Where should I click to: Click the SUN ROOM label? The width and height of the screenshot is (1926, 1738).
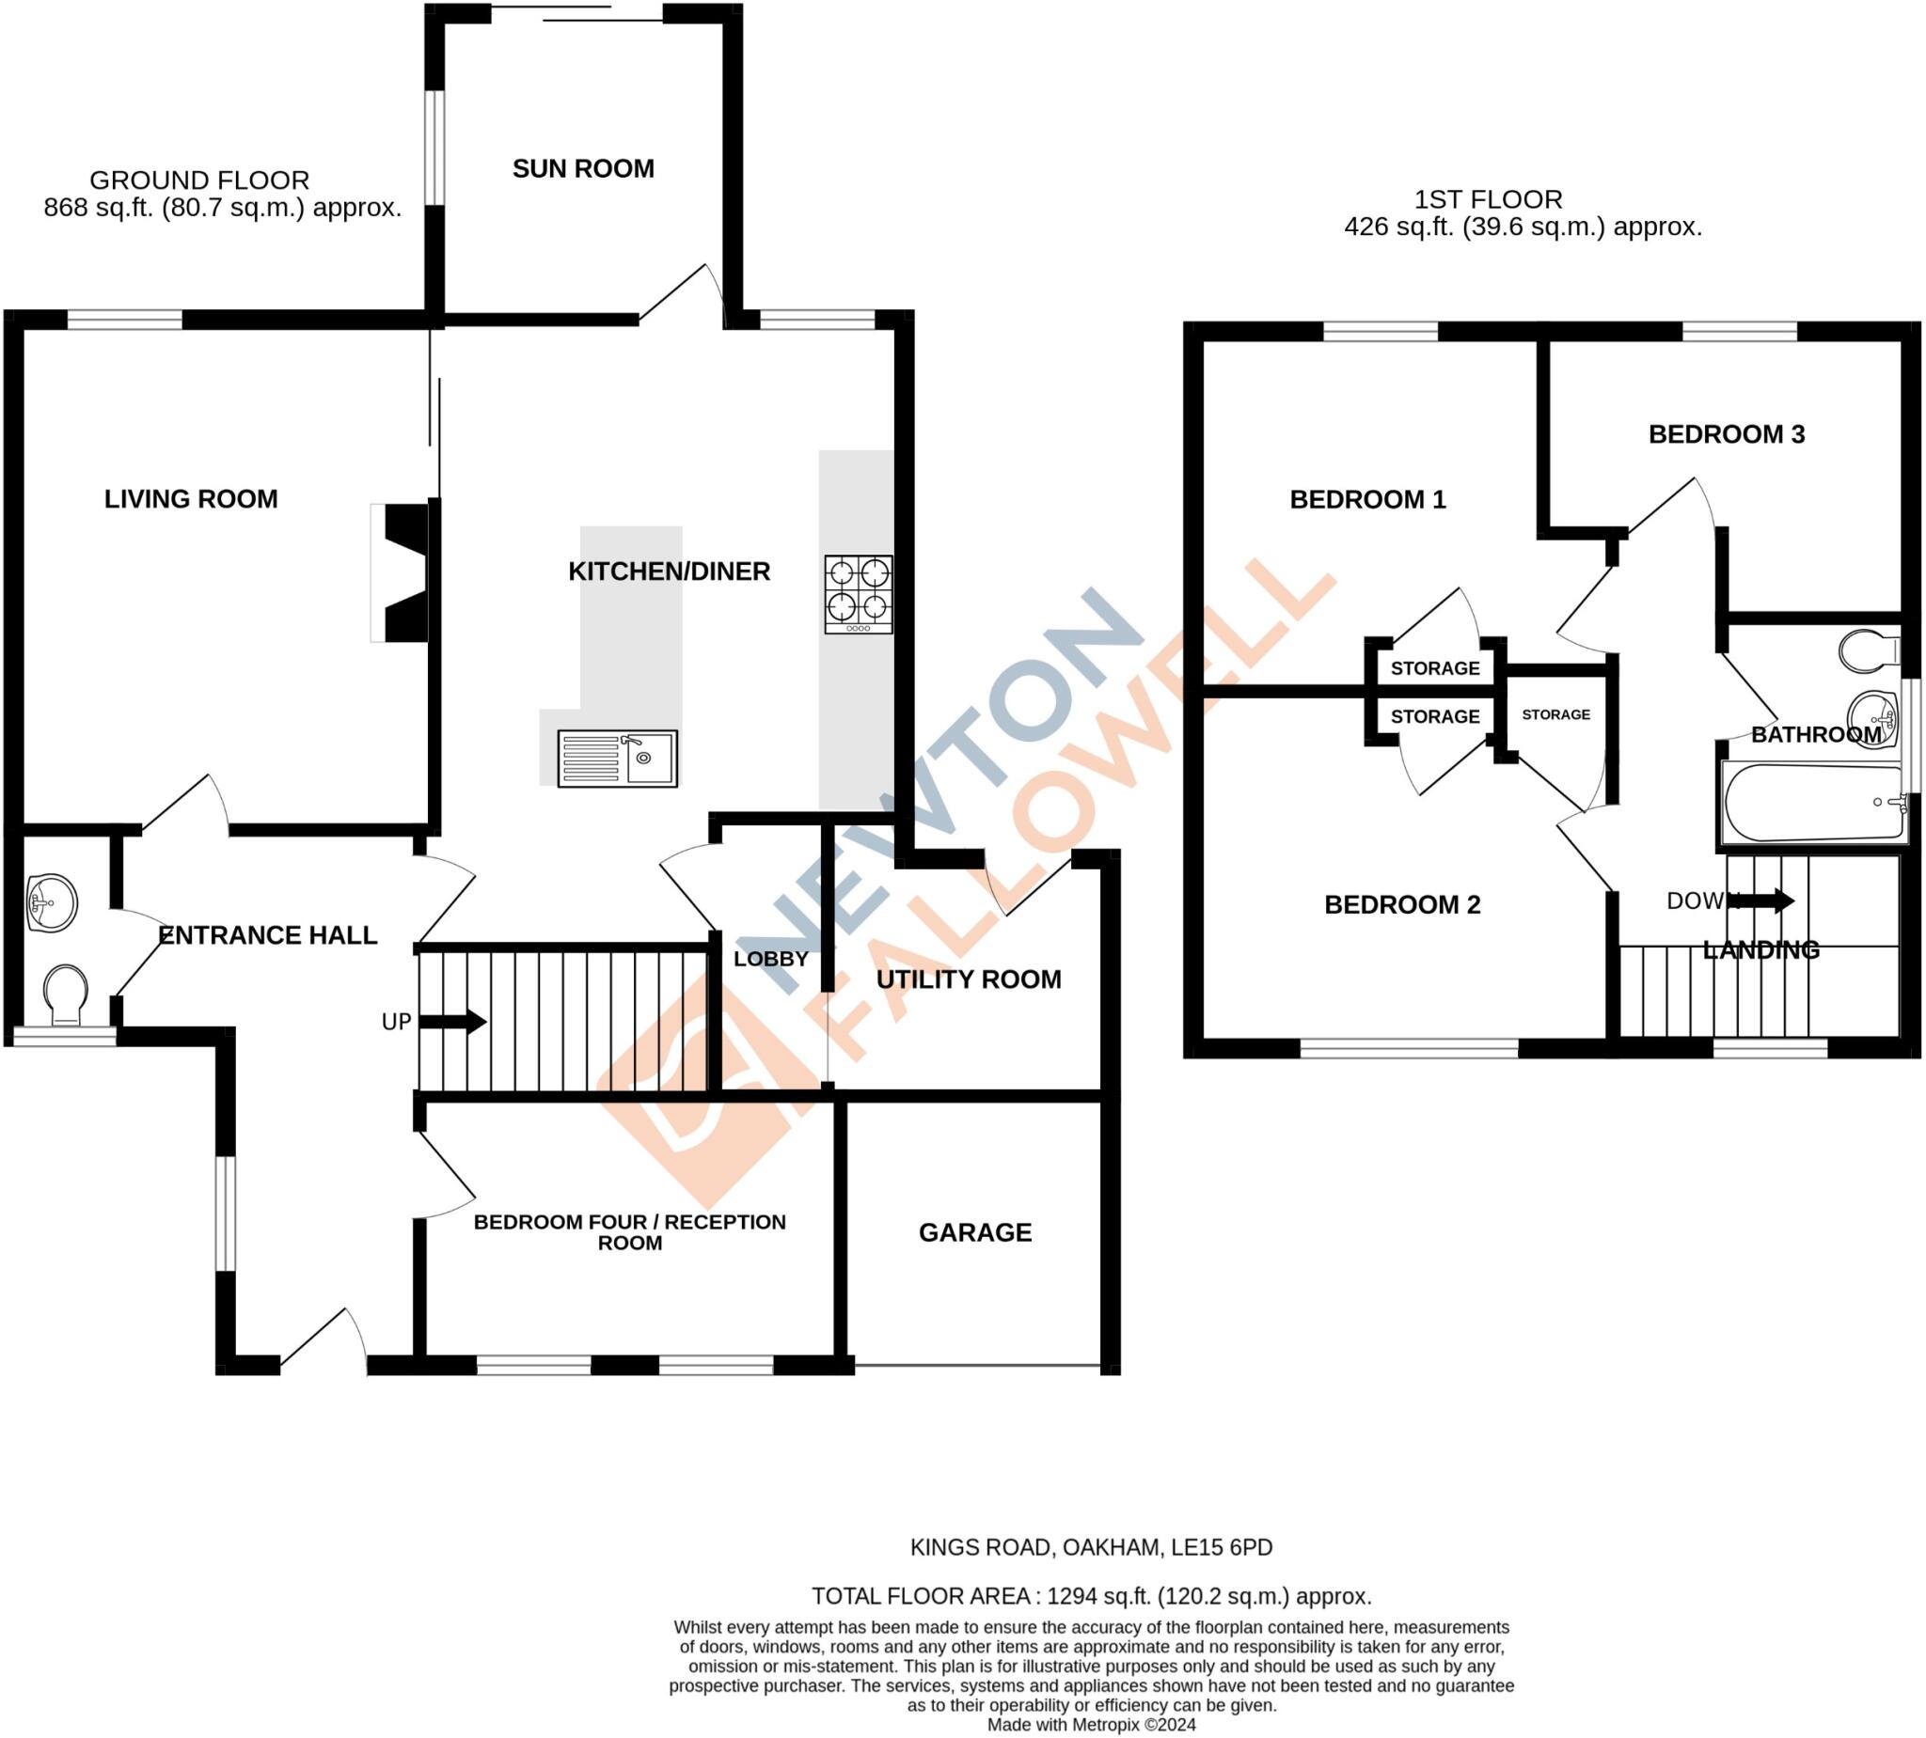click(x=583, y=169)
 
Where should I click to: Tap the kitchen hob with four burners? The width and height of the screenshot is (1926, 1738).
click(x=858, y=594)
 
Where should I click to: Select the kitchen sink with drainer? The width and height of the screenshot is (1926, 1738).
click(x=617, y=759)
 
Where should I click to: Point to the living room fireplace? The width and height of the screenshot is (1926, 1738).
click(x=403, y=573)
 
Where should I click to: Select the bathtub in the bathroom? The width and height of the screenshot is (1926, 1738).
click(x=1813, y=802)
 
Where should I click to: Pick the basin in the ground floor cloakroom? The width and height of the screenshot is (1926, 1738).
click(x=52, y=902)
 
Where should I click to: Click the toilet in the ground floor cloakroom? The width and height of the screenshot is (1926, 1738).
click(x=65, y=994)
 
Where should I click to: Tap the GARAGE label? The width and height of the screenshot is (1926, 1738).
click(x=974, y=1233)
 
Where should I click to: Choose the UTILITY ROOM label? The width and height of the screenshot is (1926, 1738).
click(x=968, y=979)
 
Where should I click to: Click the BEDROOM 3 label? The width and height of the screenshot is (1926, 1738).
click(x=1726, y=434)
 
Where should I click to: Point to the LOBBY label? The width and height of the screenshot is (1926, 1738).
click(x=770, y=959)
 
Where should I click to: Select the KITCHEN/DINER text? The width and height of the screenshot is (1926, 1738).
click(x=669, y=572)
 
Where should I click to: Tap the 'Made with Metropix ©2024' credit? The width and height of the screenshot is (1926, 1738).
click(x=1091, y=1725)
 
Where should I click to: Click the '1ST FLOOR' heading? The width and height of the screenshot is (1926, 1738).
click(x=1488, y=199)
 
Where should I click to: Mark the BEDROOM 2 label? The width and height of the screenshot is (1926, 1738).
click(x=1401, y=904)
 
